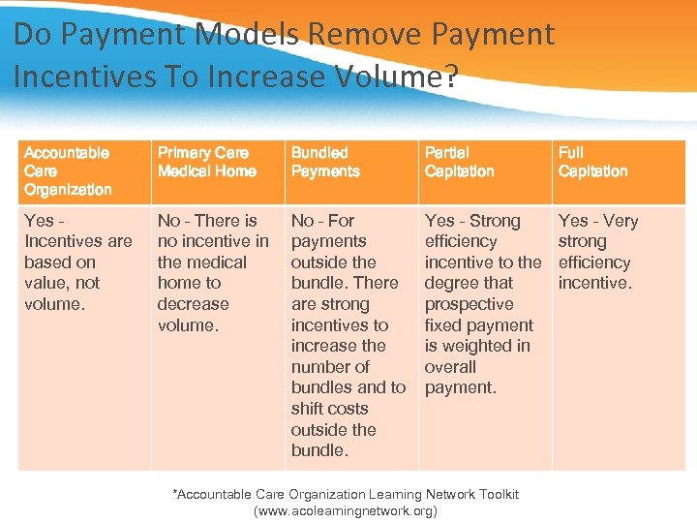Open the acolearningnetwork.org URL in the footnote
(x=345, y=510)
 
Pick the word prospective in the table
(x=469, y=304)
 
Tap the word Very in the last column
(x=620, y=221)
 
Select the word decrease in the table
(x=193, y=304)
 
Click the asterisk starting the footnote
(x=175, y=493)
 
